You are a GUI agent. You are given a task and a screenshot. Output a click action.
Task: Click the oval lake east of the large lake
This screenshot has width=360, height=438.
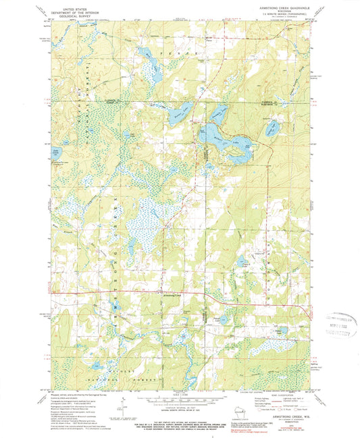click(x=272, y=126)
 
